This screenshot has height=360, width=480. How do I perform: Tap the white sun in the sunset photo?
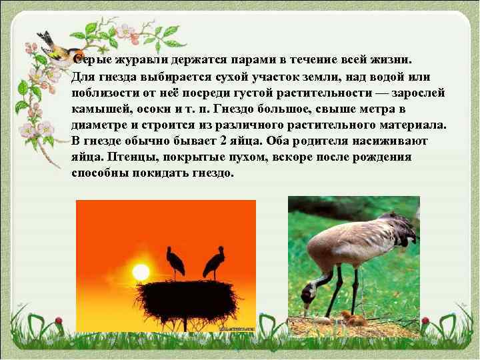coord(141,272)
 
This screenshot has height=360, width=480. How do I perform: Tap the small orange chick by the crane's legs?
coord(347,317)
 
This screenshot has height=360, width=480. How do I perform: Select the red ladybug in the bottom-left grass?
coord(59,320)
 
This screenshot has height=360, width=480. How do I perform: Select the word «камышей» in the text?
coord(96,108)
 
